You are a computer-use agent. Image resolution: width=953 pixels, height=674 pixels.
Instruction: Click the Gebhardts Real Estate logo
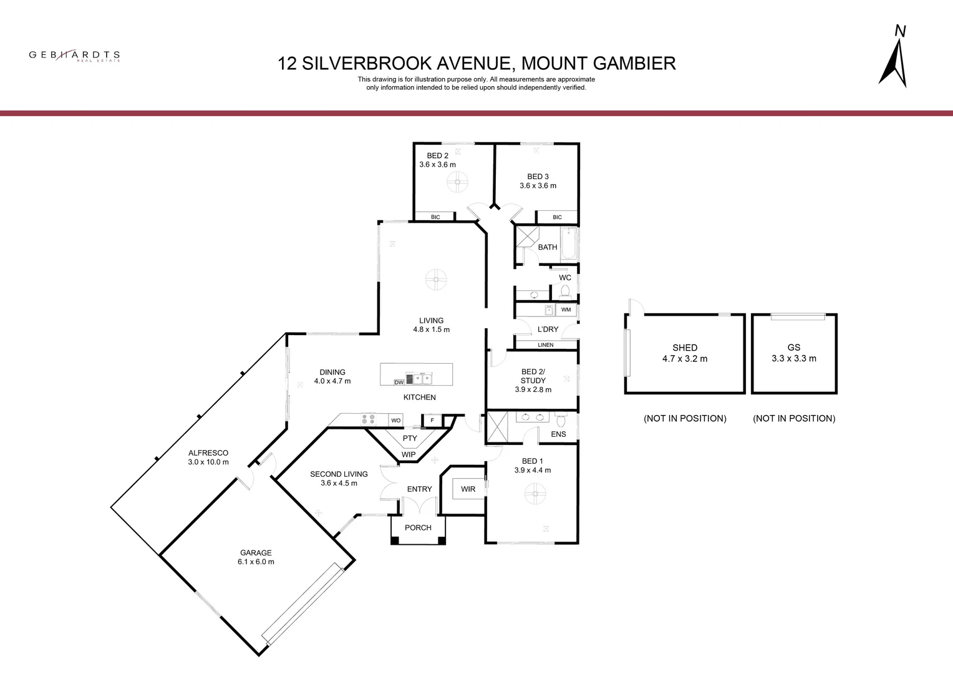(74, 56)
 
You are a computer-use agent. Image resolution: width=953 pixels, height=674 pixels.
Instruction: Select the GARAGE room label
(256, 553)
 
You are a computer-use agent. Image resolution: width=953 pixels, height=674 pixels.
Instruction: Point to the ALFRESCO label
(208, 453)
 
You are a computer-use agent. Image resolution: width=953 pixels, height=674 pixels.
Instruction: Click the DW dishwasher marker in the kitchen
(399, 383)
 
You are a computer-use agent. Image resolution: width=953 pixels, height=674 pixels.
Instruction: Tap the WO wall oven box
(395, 420)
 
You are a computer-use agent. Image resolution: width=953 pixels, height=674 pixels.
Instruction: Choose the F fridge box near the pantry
(432, 420)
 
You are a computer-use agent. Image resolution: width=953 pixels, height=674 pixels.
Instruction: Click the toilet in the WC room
(565, 291)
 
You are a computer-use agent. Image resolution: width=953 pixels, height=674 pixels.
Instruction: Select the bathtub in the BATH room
(569, 243)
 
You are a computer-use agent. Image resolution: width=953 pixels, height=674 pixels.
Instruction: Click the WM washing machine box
(566, 310)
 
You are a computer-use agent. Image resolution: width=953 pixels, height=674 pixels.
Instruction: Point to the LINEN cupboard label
(546, 345)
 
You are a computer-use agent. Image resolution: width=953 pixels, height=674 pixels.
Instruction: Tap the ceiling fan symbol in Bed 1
(535, 494)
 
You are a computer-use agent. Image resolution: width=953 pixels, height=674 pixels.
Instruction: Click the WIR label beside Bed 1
(468, 489)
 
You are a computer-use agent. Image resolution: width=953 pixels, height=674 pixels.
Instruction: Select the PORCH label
(418, 527)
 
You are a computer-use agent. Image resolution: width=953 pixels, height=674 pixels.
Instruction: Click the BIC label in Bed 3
(558, 217)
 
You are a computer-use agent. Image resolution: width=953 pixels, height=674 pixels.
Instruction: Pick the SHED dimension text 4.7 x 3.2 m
(685, 359)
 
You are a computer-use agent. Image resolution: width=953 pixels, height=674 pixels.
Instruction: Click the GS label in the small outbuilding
(794, 348)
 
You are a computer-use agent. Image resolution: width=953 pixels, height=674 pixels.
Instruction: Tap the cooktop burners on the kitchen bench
(369, 419)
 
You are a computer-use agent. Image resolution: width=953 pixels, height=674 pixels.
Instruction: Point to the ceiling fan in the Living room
(436, 280)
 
